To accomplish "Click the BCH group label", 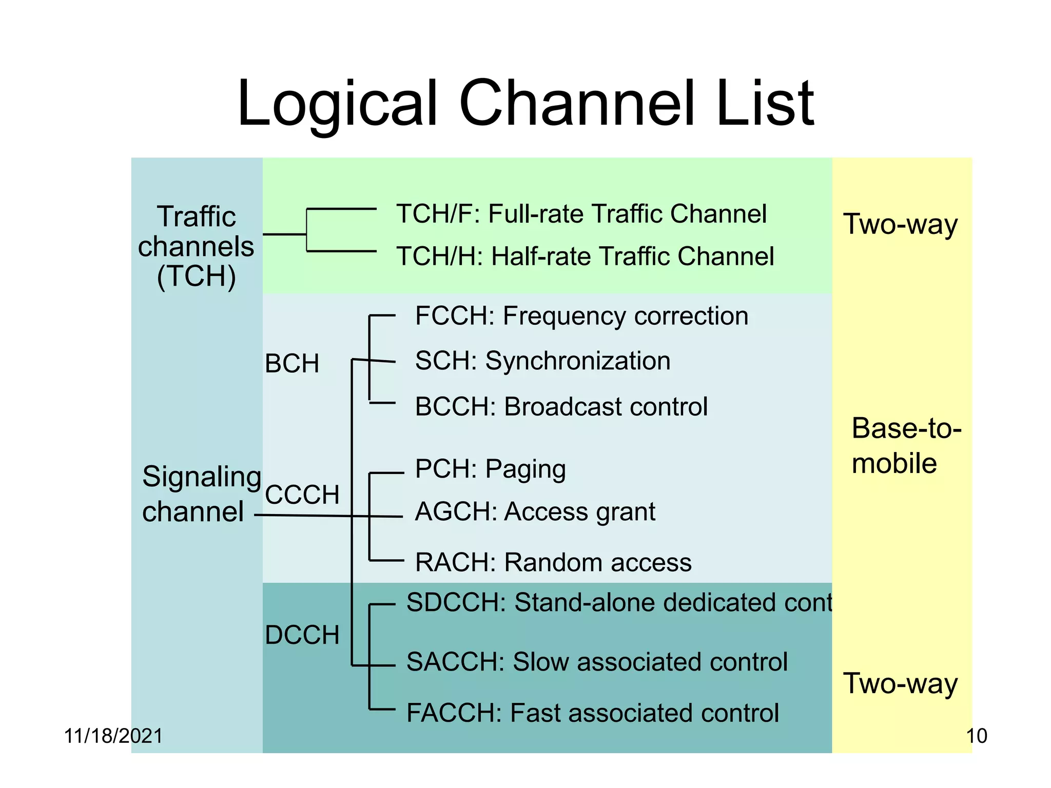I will click(x=292, y=364).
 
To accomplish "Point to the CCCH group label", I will click(x=302, y=495).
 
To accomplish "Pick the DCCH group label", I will click(x=302, y=635).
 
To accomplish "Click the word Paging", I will click(x=525, y=469).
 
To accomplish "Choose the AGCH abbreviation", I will click(x=455, y=512).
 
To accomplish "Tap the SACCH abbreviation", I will click(x=455, y=662).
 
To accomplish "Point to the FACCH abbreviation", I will click(x=454, y=713).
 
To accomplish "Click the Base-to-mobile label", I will click(x=906, y=446).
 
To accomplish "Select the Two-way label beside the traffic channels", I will click(x=901, y=224).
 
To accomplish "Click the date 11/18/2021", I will click(x=113, y=736).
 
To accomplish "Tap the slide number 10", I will click(x=976, y=736).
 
